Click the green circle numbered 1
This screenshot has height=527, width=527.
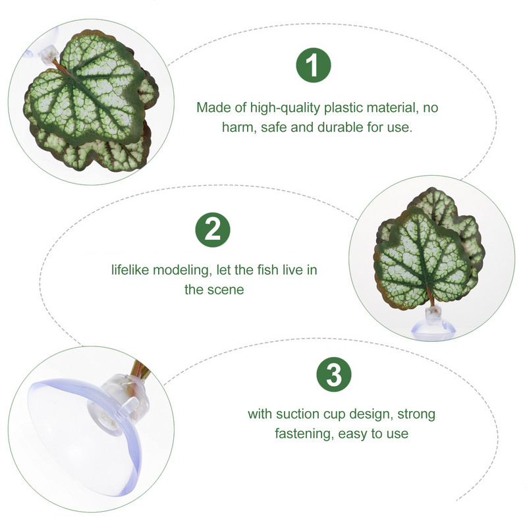point(314,65)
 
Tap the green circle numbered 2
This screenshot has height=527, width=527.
point(212,230)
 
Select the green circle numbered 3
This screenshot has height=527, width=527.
point(334,374)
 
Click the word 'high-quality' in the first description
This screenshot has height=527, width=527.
point(285,108)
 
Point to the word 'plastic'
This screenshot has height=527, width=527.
point(343,108)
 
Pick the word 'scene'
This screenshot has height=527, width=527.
point(228,290)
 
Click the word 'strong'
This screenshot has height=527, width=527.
point(416,415)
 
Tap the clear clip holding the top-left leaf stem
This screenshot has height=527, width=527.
point(49,53)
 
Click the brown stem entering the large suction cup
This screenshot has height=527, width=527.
point(140,369)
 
